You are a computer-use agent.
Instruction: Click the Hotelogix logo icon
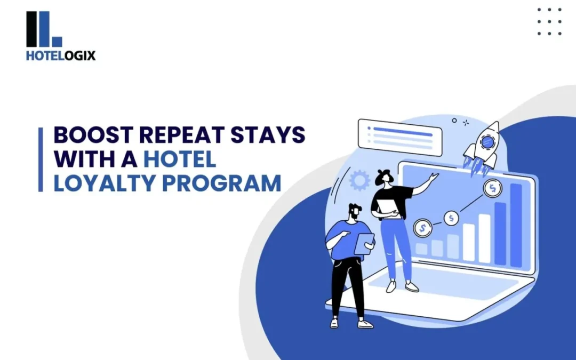[x=44, y=29]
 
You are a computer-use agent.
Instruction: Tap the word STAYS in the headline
[x=268, y=134]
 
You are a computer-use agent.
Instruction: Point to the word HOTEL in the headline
[x=180, y=159]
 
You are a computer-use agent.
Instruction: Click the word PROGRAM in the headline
[x=221, y=183]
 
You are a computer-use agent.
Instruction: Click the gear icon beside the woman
[x=359, y=180]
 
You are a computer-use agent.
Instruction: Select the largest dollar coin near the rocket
[x=492, y=188]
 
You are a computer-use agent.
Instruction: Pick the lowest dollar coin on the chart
[x=422, y=228]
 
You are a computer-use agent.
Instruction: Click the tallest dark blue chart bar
[x=516, y=225]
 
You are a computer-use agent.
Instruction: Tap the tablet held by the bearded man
[x=364, y=244]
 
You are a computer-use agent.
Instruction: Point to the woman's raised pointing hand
[x=434, y=177]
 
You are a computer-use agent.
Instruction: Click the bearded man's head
[x=355, y=212]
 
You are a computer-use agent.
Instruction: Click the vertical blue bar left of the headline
[x=41, y=159]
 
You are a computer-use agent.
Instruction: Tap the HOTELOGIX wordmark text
[x=61, y=55]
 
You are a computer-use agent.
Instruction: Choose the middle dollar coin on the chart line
[x=451, y=218]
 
